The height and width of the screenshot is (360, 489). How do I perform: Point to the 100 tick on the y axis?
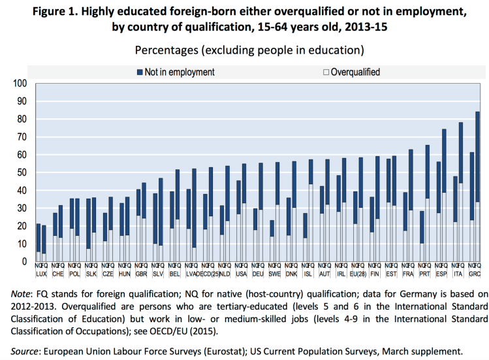(x=20, y=84)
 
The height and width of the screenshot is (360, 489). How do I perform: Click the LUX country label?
(x=41, y=274)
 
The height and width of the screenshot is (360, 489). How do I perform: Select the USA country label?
(x=242, y=274)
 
